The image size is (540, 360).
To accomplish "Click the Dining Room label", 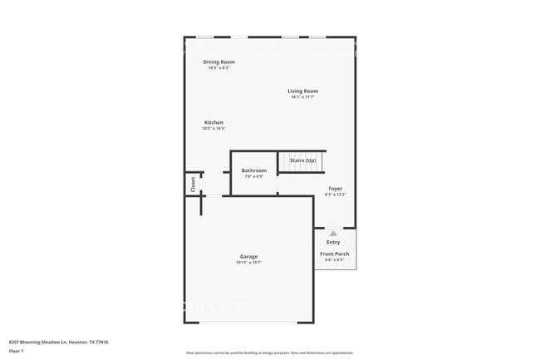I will [x=218, y=62].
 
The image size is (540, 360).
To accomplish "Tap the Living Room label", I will [x=303, y=91].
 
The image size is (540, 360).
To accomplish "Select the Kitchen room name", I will [x=214, y=122].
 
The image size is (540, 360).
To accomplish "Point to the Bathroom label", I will [x=254, y=170].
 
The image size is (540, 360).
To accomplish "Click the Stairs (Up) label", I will [x=302, y=160].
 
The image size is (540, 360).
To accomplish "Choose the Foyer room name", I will [x=335, y=189].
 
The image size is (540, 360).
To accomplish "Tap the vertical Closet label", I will [x=193, y=184].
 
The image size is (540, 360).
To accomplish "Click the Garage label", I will [x=248, y=256].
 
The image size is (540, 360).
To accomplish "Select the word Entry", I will [x=333, y=242].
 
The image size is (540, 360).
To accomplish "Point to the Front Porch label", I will [x=335, y=254].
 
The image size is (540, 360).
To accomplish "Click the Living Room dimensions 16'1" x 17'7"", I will [x=303, y=97].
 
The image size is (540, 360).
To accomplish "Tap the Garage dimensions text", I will [x=248, y=263].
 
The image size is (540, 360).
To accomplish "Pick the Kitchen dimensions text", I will [x=214, y=129].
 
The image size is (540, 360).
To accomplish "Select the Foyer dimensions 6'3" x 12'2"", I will [x=335, y=195].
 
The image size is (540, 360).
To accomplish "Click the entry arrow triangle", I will [x=333, y=233].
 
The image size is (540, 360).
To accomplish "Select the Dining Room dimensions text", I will [x=218, y=68].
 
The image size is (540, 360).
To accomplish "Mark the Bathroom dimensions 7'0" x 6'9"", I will [x=254, y=177].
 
